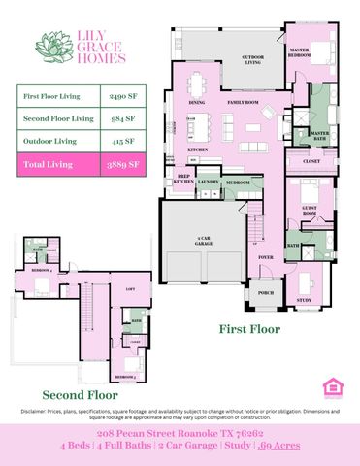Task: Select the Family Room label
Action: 243,102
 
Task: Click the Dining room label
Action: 197,102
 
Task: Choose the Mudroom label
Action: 239,182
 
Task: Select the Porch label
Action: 265,292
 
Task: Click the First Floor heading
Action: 249,330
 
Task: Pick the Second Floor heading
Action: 80,395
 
